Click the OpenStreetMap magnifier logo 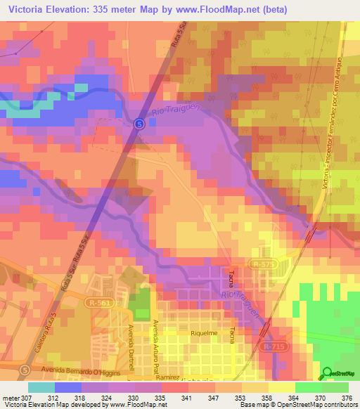tap(327, 373)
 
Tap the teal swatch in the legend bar tap(41, 387)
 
